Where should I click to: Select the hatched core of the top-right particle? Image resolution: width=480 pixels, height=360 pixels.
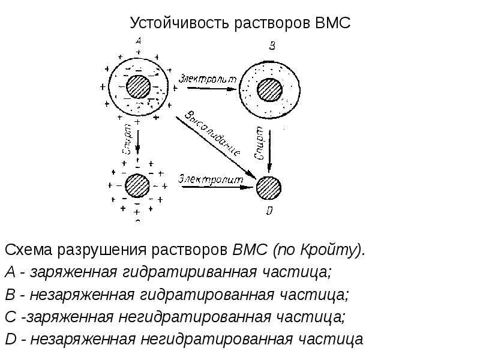(x=270, y=90)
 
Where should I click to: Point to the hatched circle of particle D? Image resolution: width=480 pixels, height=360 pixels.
(x=269, y=188)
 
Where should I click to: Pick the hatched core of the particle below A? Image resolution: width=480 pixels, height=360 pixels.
(x=137, y=185)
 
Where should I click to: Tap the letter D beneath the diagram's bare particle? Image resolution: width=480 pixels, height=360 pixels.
(x=269, y=210)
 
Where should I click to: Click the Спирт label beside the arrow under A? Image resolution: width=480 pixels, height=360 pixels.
(x=128, y=140)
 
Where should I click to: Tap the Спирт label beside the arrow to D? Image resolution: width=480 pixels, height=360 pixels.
(x=259, y=142)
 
